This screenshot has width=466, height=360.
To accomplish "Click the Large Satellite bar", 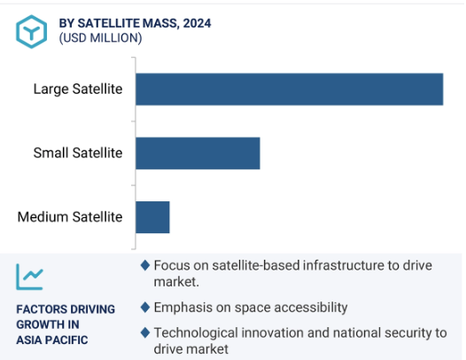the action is [289, 90].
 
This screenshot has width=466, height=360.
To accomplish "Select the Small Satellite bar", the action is [198, 153].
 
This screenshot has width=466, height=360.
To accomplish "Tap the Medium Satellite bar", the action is [152, 217].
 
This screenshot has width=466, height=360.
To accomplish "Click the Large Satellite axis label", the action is [78, 89].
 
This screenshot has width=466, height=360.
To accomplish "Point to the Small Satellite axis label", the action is [78, 153].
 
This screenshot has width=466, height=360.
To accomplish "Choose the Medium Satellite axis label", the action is [70, 217].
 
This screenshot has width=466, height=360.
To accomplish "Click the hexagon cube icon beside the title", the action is [32, 32].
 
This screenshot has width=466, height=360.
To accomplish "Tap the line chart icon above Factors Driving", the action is [29, 277].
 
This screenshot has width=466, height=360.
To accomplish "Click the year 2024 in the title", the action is [197, 23].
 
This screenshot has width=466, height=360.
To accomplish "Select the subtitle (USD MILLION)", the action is [100, 38].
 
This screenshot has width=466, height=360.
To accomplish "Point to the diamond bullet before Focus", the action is [145, 265].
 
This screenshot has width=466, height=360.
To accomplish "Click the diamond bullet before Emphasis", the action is [145, 308].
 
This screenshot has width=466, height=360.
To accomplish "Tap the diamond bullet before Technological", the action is [145, 333].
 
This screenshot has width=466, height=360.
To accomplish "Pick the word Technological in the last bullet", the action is [196, 333].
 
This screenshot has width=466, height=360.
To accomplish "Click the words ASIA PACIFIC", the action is [52, 340].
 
